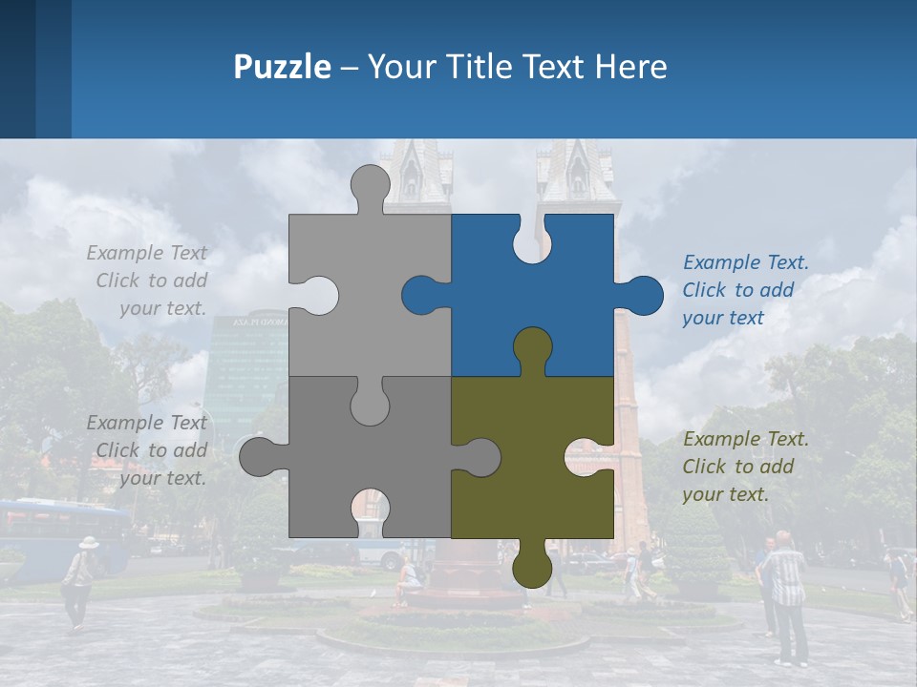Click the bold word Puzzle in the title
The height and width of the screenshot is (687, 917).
[283, 67]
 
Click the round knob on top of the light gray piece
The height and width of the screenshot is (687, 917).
[370, 186]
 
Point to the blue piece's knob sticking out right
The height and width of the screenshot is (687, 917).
[643, 296]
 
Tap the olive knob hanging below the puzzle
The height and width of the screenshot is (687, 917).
[532, 567]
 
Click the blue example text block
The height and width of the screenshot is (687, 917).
[745, 290]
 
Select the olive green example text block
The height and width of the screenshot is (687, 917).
[745, 467]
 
